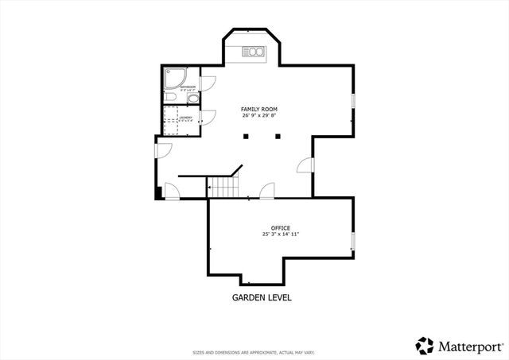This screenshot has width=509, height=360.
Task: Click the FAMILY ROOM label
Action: tap(259, 109)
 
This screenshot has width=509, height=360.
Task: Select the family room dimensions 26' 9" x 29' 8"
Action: tap(259, 116)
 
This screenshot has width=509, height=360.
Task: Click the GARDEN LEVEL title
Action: tap(262, 298)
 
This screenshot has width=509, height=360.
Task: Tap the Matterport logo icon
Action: tap(425, 346)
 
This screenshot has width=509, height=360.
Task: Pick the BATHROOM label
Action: tap(188, 87)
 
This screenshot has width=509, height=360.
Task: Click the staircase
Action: tap(223, 188)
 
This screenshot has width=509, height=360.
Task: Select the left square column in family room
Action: tap(246, 137)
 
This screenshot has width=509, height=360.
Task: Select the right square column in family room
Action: tap(277, 137)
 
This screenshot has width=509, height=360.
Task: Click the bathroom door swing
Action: tap(208, 82)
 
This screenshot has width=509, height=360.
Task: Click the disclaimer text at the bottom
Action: tap(254, 352)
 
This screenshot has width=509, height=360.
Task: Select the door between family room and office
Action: tap(267, 191)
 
